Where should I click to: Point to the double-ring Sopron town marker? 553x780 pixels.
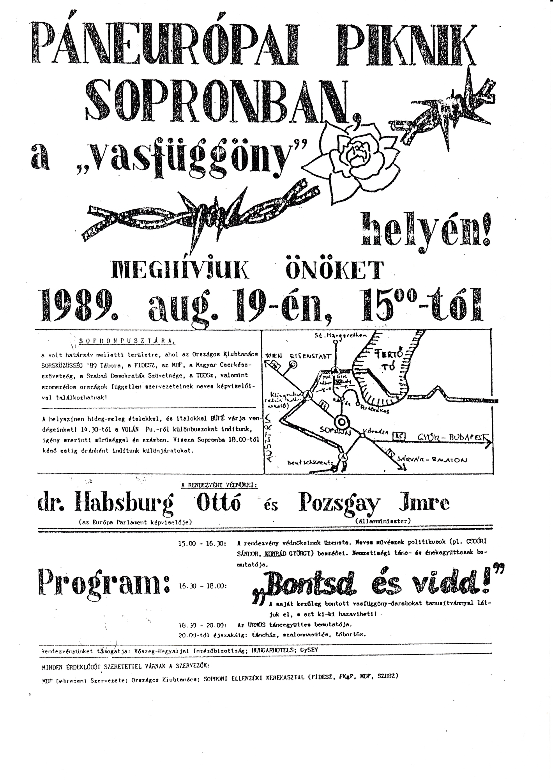click(341, 422)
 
